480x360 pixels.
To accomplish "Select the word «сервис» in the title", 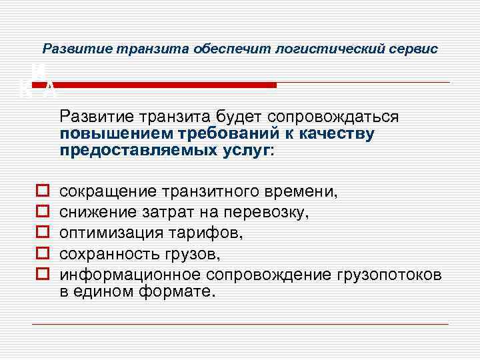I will tap(416, 49).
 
